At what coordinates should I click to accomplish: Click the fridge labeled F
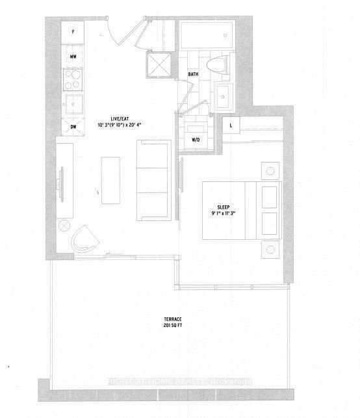[73, 33]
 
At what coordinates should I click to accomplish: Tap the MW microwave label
[73, 57]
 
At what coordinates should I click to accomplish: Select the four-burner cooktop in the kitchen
[73, 79]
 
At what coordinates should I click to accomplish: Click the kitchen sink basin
[73, 105]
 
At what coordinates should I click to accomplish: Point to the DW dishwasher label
[73, 127]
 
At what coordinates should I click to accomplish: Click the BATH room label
[193, 74]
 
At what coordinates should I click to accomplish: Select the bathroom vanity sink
[224, 96]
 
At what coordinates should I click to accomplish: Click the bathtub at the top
[207, 35]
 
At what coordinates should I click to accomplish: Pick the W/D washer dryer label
[196, 140]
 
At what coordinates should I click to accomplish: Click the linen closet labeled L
[231, 125]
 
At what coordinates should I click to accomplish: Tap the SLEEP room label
[224, 207]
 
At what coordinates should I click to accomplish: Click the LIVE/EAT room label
[120, 119]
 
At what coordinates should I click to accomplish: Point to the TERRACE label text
[173, 319]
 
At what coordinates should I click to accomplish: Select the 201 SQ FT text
[173, 326]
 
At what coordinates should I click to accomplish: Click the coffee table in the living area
[110, 181]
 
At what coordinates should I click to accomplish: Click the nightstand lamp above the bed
[270, 171]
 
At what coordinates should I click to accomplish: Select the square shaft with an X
[159, 65]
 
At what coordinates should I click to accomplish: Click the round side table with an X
[64, 226]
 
